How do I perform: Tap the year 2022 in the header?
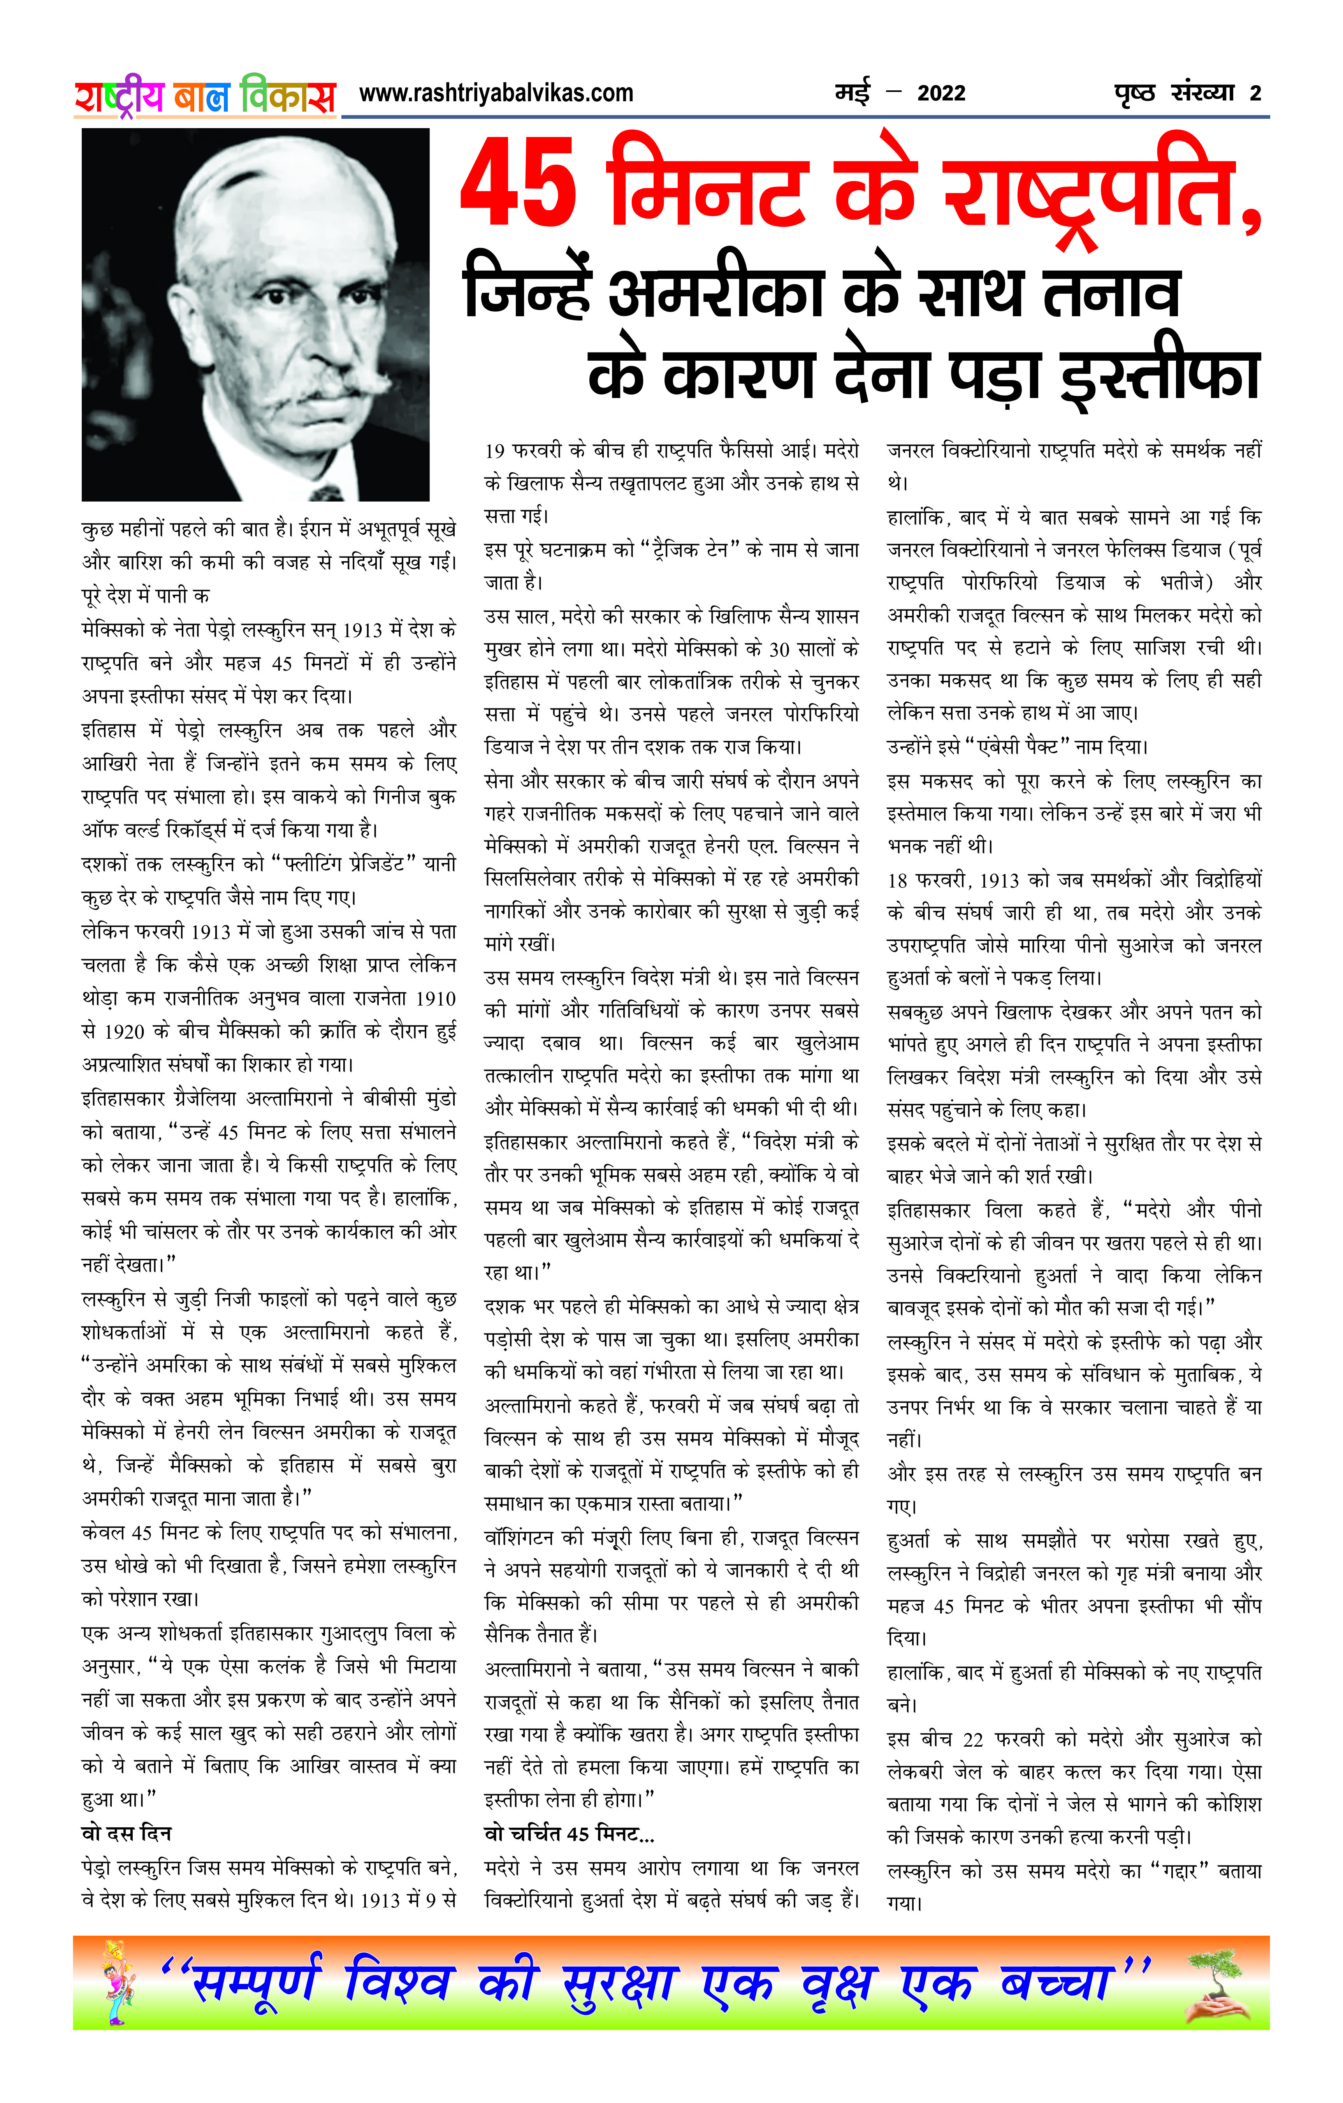point(940,93)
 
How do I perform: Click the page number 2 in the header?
point(1255,93)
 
